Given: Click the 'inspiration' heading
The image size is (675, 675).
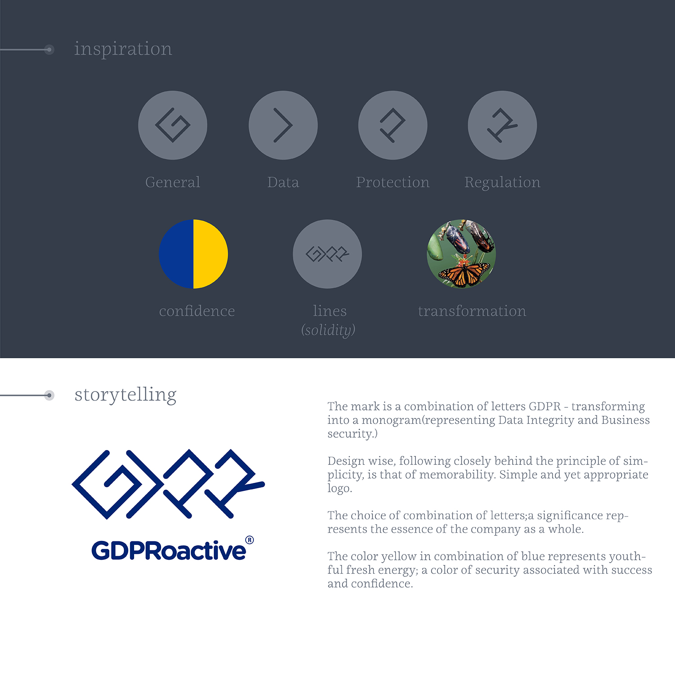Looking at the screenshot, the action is point(123,49).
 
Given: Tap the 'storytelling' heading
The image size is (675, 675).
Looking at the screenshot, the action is point(125,395).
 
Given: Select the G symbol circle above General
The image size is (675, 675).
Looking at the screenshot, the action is point(173,125).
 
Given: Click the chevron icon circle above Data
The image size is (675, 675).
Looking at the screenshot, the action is point(283,125).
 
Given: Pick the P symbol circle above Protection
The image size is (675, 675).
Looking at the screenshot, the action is point(393,125).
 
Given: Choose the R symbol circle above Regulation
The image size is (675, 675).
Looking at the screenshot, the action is point(502,125).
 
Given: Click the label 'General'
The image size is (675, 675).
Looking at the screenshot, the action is point(173,182).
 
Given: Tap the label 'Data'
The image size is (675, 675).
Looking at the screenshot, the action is point(283,182).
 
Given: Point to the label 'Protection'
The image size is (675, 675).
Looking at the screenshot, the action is point(393,182).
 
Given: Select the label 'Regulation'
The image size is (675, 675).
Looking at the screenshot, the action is point(502,183).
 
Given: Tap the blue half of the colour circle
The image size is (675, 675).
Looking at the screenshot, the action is point(176,254).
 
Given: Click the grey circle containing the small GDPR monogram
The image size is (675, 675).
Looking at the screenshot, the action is point(327,254).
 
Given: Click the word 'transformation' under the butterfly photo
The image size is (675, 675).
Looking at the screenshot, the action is point(472,311).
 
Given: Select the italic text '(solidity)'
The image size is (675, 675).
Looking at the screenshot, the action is point(328,330).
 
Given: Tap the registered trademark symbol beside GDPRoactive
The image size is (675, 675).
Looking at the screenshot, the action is point(249,540).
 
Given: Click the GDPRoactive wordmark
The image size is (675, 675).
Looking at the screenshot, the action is point(169,550).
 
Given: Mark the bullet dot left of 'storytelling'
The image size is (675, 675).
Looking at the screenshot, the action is point(49,396).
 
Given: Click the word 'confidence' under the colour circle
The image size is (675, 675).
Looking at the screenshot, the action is point(197,311).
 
